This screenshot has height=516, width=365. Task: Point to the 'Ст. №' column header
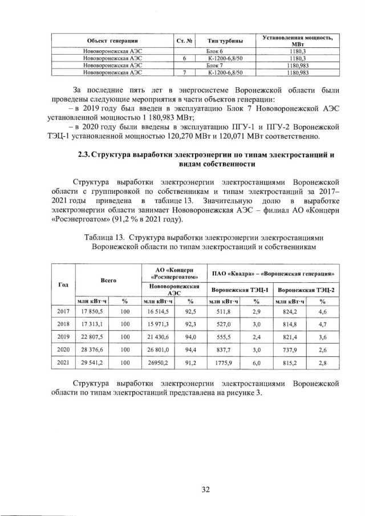point(184,40)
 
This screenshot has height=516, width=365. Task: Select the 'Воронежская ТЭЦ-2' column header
point(306,289)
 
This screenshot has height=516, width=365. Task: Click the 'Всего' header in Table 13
point(108,281)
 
